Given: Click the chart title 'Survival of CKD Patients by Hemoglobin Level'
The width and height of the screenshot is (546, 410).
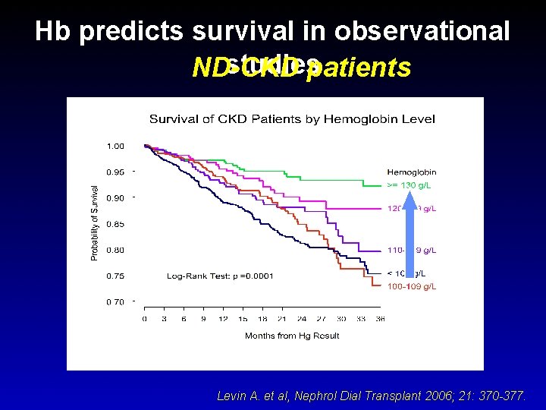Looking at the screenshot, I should click(291, 118).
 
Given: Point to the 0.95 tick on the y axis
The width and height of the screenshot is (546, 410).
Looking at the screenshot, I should click(115, 172).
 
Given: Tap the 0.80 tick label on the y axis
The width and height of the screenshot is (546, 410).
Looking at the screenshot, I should click(115, 250).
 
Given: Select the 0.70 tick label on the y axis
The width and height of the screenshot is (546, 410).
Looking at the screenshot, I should click(115, 302).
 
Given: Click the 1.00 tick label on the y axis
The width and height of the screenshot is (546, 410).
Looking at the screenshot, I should click(115, 146).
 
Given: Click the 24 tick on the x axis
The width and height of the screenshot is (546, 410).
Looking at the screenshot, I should click(302, 319).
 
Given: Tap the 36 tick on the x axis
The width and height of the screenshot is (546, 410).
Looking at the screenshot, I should click(380, 319).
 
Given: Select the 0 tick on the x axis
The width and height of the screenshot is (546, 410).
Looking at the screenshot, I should click(145, 319).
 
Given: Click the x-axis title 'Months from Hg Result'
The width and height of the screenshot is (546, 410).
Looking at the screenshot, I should click(292, 336).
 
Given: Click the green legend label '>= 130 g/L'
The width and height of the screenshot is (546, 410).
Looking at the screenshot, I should click(412, 184).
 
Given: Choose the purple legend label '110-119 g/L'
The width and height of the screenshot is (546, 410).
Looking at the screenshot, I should click(412, 250).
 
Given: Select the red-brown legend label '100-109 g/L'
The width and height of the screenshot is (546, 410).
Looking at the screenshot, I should click(412, 287).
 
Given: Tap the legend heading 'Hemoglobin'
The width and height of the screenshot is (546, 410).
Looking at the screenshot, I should click(412, 172).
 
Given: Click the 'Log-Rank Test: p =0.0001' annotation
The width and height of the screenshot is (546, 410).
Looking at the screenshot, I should click(220, 276).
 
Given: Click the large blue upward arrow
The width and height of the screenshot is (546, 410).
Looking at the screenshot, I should click(409, 235).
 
